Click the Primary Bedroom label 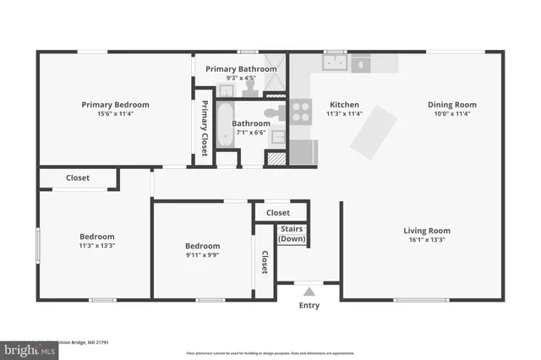[x=115, y=105]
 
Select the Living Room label [x=426, y=230]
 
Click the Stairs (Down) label [x=292, y=234]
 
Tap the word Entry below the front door [x=309, y=305]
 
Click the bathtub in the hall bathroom [x=225, y=124]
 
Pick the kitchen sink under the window [x=336, y=63]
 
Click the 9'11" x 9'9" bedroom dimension [x=202, y=255]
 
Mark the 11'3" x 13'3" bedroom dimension [x=96, y=246]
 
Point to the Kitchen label [x=344, y=105]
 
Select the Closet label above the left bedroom [x=78, y=178]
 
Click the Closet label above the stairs [x=277, y=213]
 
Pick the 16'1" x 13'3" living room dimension [x=426, y=239]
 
